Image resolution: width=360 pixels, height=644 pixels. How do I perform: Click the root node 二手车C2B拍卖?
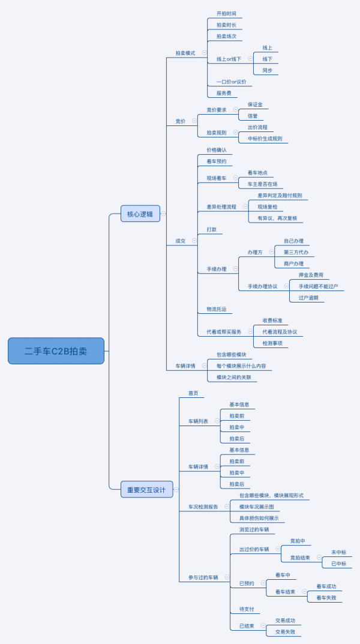(56, 351)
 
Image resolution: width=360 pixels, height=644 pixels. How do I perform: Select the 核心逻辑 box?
(140, 214)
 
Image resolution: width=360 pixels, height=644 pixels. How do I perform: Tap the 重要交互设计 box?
(146, 489)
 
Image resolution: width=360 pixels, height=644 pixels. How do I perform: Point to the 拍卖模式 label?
(185, 53)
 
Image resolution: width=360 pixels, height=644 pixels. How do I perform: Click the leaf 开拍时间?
(226, 13)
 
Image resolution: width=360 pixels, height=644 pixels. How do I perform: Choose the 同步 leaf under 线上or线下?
(268, 71)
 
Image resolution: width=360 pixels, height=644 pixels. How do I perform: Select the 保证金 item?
(255, 104)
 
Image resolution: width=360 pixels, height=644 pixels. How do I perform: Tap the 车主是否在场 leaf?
(262, 184)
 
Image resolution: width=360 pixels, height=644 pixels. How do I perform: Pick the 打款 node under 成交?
(212, 230)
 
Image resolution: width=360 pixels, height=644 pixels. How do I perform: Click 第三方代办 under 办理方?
(296, 252)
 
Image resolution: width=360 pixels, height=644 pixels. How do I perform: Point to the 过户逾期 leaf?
(308, 298)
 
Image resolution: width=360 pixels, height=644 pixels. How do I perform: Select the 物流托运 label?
(217, 309)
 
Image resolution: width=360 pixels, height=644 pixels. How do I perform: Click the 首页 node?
(193, 394)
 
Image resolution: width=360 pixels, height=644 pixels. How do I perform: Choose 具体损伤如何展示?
(259, 518)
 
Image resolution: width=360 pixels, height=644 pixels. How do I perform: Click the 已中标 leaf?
(338, 564)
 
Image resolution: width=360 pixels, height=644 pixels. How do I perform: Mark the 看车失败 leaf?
(326, 598)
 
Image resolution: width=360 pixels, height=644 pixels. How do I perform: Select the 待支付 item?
(247, 609)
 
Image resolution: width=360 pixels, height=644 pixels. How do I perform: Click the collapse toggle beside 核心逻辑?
(163, 214)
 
